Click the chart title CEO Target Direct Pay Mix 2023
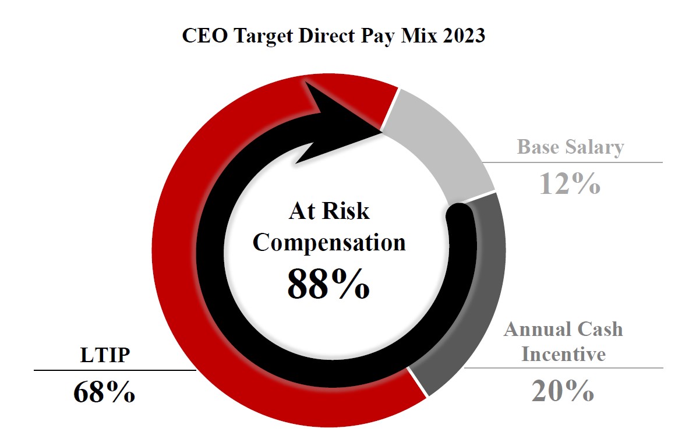coord(333,36)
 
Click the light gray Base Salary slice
coord(443,146)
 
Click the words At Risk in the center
coord(328,210)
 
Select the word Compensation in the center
coord(328,242)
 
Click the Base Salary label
coord(570,147)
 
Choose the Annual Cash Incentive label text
coord(563,341)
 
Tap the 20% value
coord(562,391)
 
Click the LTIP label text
coord(104,355)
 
